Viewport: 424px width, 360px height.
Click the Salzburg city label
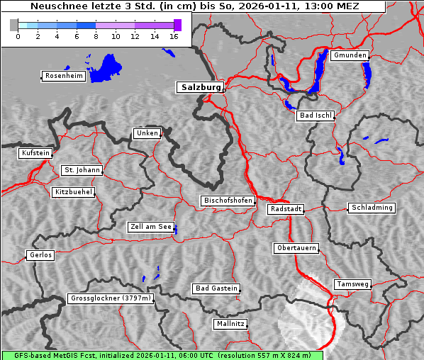point(199,87)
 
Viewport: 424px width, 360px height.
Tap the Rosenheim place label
point(63,76)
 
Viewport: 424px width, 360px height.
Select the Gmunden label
point(350,55)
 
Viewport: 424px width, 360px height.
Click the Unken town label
point(146,133)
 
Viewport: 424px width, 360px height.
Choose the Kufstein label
point(35,153)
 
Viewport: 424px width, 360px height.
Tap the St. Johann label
point(82,170)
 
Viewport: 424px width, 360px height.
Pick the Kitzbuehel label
point(73,192)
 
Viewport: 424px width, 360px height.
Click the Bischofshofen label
point(228,201)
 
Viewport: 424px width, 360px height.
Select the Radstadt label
point(286,209)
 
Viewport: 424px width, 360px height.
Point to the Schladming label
point(372,208)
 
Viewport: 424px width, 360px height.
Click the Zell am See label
point(151,227)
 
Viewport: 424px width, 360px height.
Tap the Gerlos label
point(40,255)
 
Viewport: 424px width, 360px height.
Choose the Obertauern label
point(296,248)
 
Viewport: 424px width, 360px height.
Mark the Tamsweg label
point(352,284)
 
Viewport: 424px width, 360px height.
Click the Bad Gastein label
point(216,288)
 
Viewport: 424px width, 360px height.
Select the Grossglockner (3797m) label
point(111,298)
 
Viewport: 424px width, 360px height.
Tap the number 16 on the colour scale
point(174,37)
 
